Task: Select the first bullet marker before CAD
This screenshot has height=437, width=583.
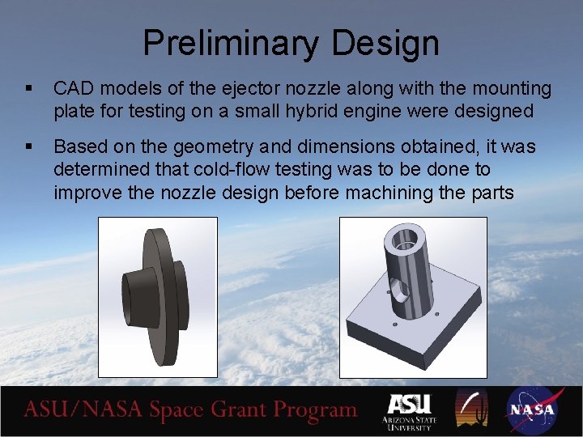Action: tap(29, 87)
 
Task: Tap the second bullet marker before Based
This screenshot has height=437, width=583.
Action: tap(29, 146)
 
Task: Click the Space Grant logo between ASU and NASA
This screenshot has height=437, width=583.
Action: tap(472, 409)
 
